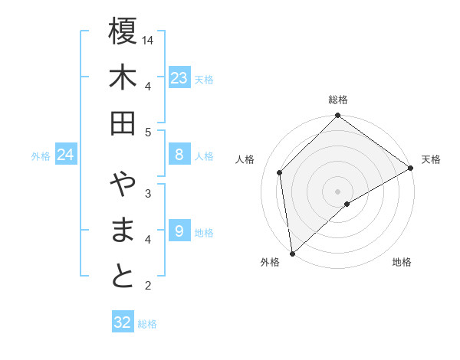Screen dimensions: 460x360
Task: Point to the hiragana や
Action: tap(123, 185)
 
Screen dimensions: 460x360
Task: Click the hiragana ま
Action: tap(123, 231)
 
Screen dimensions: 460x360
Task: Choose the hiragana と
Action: tap(123, 277)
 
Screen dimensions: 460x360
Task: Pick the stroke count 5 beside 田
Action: tap(149, 132)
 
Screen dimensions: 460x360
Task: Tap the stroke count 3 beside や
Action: tap(149, 193)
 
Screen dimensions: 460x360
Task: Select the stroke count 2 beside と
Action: tap(149, 286)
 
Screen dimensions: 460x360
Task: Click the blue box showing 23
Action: tap(179, 78)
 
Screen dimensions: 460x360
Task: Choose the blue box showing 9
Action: tap(179, 231)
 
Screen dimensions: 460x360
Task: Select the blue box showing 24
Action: tap(65, 155)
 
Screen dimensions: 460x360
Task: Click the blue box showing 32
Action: tap(123, 322)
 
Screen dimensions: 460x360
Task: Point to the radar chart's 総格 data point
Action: tap(337, 116)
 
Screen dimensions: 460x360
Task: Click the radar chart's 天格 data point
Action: tap(411, 169)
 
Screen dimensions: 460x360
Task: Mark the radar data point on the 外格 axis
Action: tap(292, 254)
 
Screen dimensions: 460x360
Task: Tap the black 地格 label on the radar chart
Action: tap(402, 263)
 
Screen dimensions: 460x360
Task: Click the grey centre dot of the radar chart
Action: tap(337, 191)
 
